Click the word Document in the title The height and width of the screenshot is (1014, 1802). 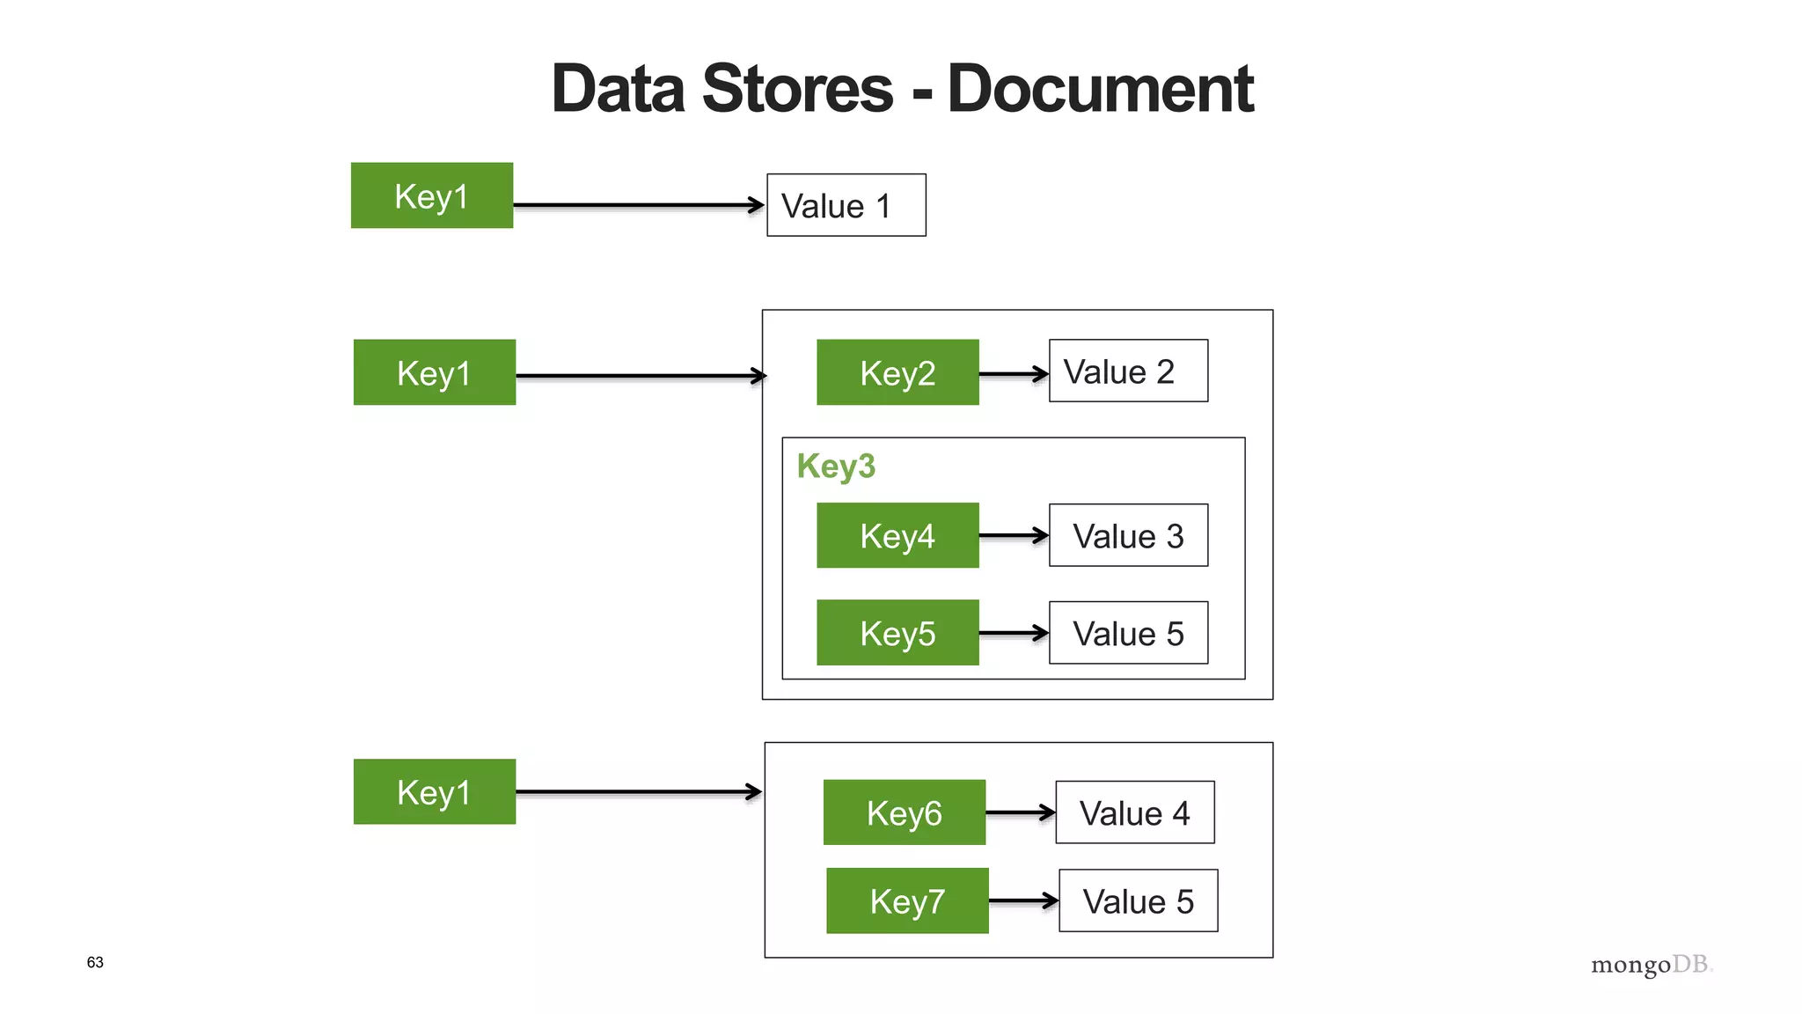[1100, 89]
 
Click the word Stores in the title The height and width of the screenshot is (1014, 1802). [797, 89]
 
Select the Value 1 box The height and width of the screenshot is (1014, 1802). [846, 205]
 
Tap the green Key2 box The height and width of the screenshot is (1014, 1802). [897, 372]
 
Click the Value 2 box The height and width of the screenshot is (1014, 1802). [1128, 371]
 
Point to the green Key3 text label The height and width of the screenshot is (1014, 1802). [836, 466]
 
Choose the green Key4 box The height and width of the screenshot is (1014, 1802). [897, 535]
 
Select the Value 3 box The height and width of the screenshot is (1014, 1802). [1128, 535]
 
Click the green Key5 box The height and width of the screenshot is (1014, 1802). [897, 632]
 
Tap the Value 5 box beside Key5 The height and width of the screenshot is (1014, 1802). [1128, 633]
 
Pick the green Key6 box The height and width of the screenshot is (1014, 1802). [904, 812]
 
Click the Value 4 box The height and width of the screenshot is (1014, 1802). [1134, 812]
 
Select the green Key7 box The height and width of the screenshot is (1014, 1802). [907, 900]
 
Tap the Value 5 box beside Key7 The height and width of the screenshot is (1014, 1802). [1138, 900]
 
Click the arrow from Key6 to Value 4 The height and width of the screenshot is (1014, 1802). [1020, 812]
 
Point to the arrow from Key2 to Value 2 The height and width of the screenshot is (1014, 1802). [1013, 373]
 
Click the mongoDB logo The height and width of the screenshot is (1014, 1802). [1651, 965]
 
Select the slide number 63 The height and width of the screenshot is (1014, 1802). [95, 962]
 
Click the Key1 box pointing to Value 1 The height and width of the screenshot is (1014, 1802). [431, 195]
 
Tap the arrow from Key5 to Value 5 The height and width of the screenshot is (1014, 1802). [1013, 632]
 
